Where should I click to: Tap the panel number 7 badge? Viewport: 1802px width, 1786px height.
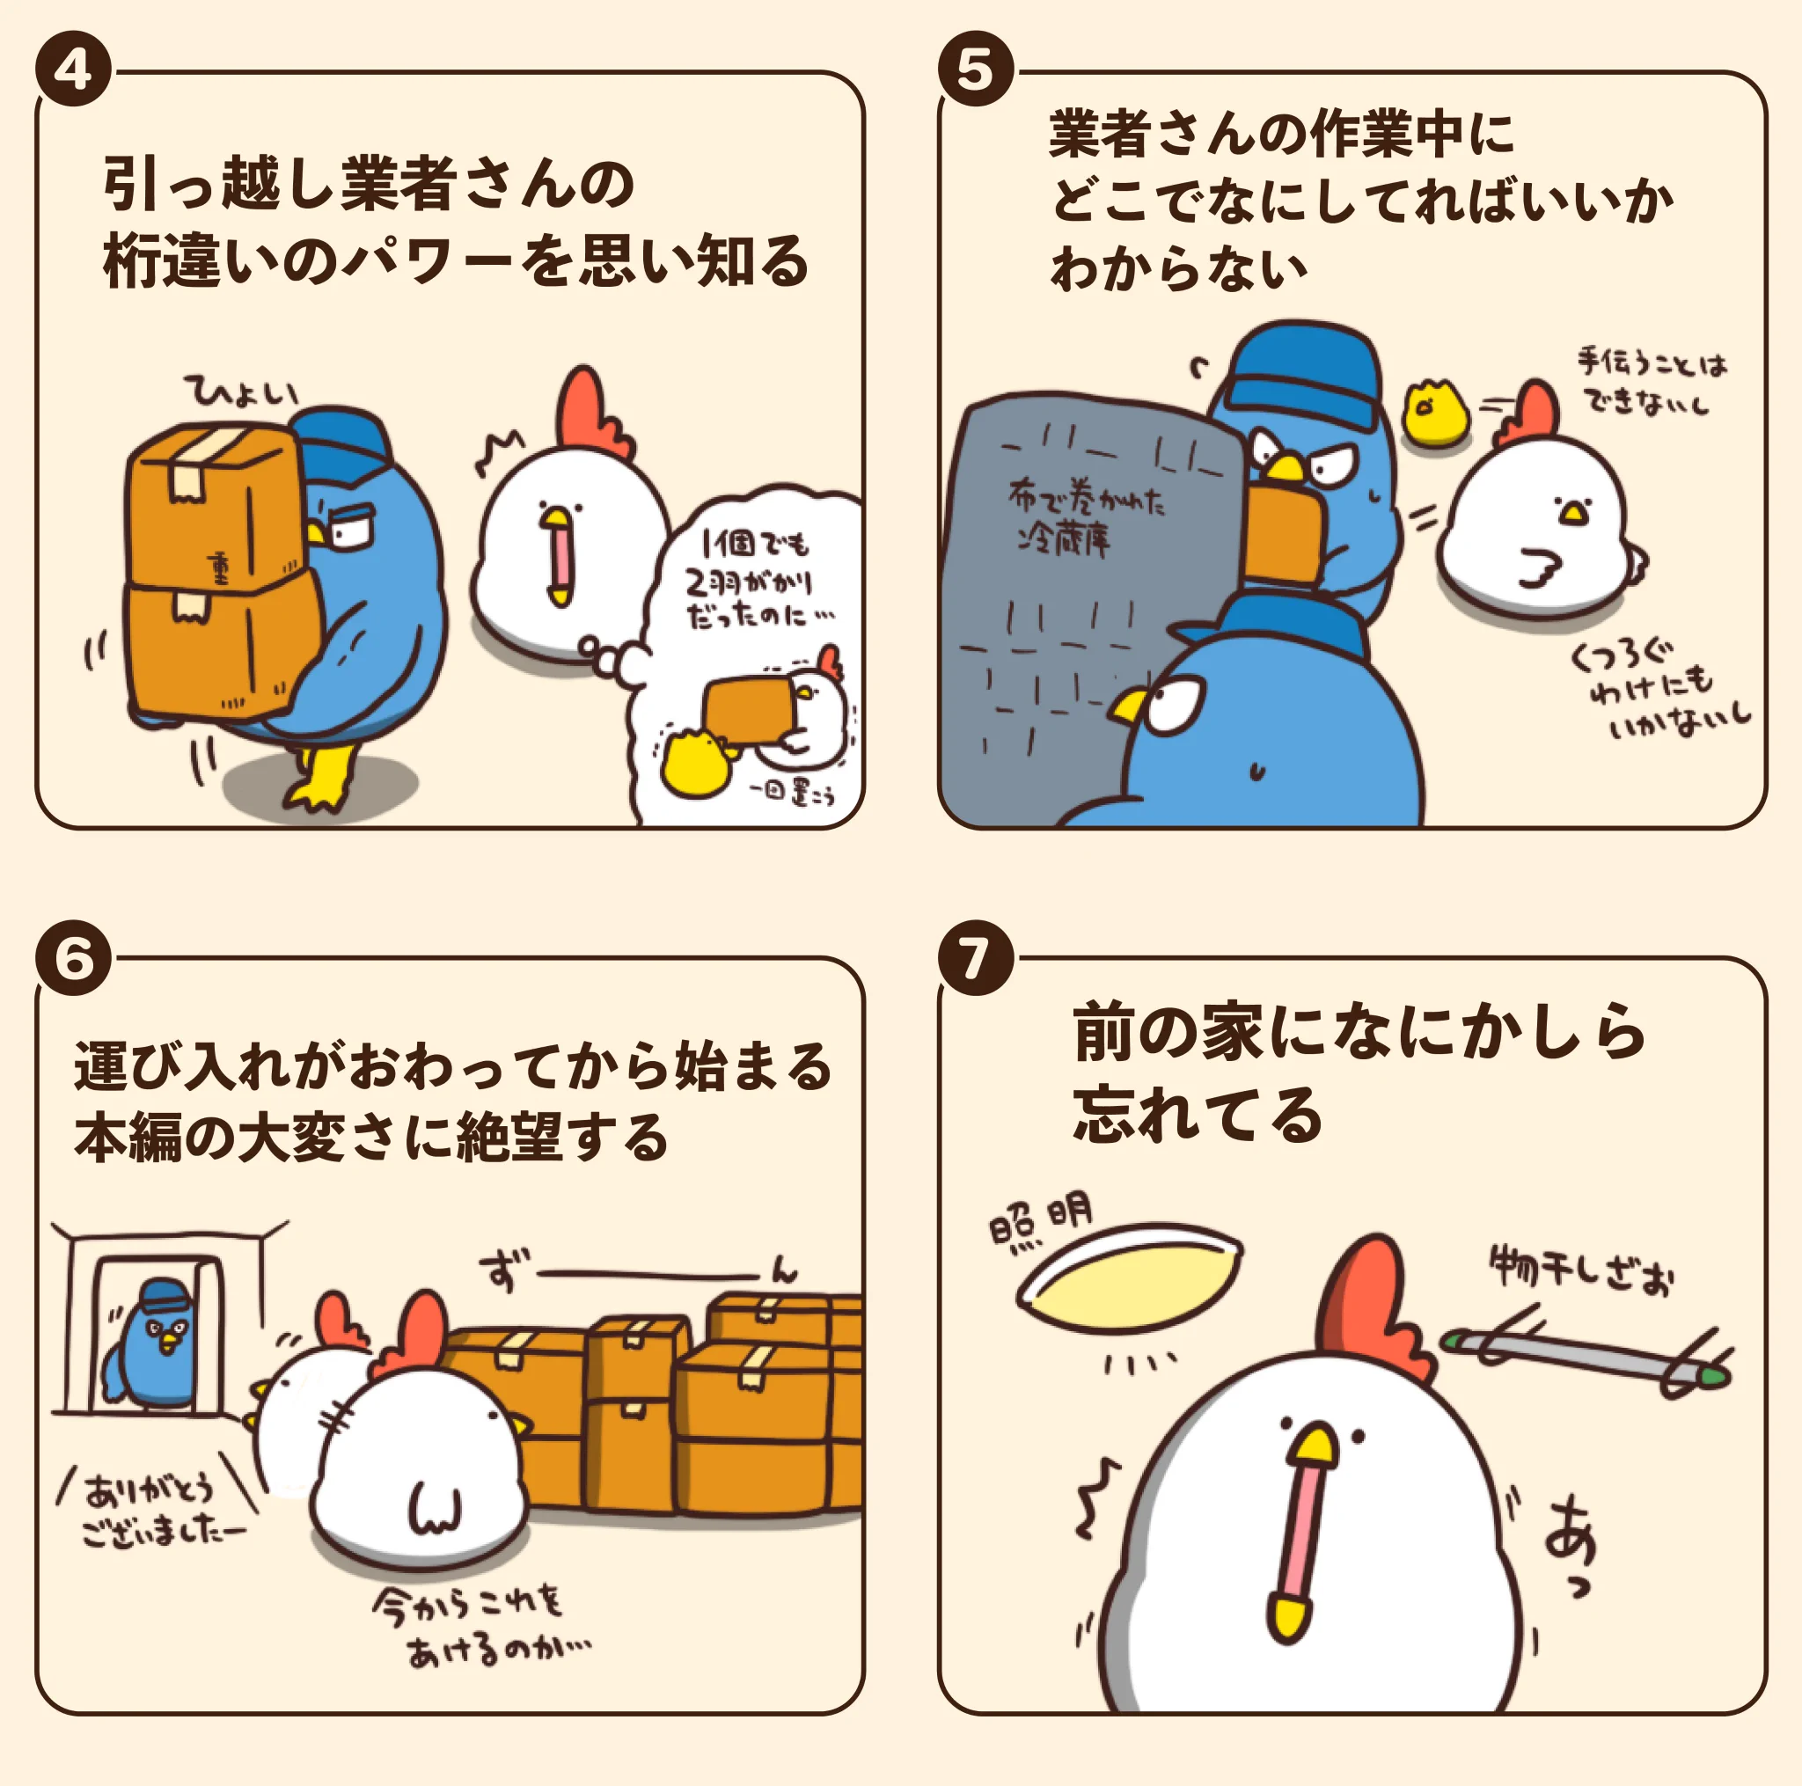tap(976, 957)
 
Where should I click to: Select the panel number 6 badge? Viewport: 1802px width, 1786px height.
tap(74, 957)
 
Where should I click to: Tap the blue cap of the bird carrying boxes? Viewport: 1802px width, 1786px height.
tap(342, 443)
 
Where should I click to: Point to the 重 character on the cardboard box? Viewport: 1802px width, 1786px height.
tap(220, 567)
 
